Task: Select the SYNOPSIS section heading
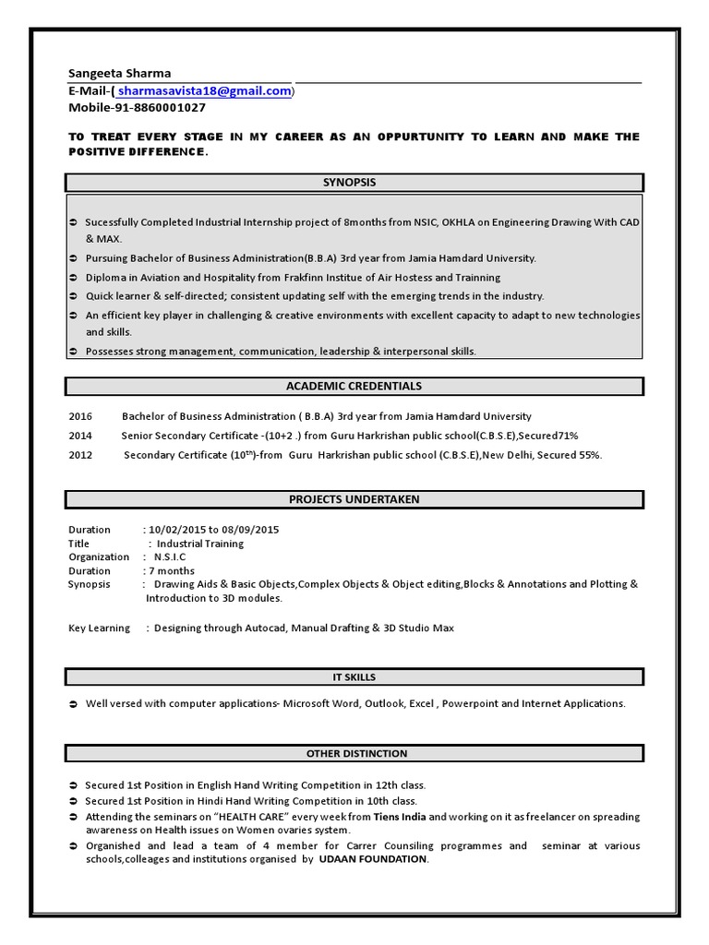pos(355,183)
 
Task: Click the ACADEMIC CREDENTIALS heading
pos(354,386)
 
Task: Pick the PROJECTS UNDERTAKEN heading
pos(354,499)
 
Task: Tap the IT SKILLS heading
pos(354,677)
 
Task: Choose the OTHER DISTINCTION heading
pos(355,753)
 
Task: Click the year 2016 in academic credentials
pos(80,416)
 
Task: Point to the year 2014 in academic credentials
pos(80,436)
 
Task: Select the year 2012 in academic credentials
pos(80,455)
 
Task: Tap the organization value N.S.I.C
pos(172,557)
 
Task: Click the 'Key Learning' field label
pos(99,628)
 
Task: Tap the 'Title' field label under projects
pos(79,544)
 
